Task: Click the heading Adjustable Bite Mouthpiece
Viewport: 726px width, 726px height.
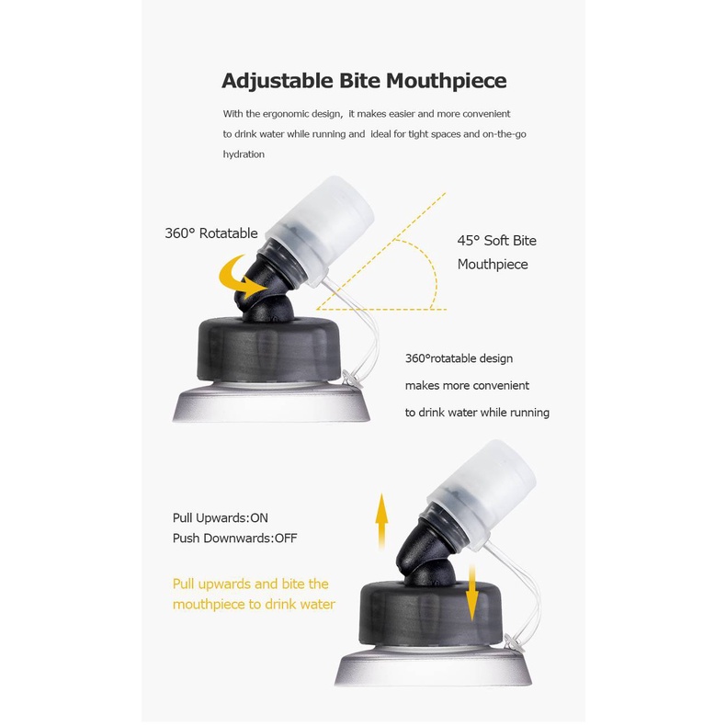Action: pos(364,81)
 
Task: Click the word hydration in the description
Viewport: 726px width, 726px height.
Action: pos(244,154)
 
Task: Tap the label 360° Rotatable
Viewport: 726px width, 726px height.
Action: pos(211,233)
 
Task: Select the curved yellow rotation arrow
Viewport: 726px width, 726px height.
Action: pos(241,277)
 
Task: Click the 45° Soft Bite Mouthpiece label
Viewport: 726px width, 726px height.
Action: pos(497,253)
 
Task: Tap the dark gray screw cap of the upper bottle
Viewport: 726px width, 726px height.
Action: pos(269,348)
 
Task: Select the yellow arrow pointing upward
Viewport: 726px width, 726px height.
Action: pos(381,521)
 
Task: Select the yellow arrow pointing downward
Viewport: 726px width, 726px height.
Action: pos(471,593)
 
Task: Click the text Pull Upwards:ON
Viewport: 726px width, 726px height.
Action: pos(221,517)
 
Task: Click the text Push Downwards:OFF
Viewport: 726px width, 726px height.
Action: pos(234,538)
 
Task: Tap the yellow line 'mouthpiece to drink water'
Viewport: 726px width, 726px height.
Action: pos(254,604)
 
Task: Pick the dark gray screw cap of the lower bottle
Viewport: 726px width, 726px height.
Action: pos(431,613)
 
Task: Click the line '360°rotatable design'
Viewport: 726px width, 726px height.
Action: pos(459,358)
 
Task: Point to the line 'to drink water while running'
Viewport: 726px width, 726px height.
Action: pos(477,413)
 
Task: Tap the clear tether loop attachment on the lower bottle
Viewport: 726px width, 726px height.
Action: pos(514,643)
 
